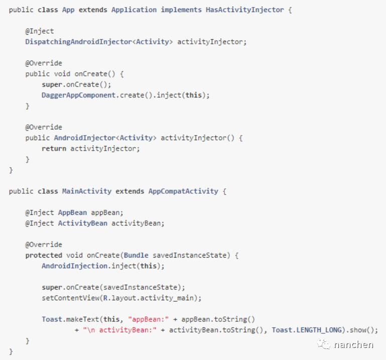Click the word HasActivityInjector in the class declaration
(244, 10)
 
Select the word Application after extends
(134, 10)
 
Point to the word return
(54, 148)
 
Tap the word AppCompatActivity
(183, 191)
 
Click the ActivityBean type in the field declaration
(82, 223)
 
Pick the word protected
(44, 255)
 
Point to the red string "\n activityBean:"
(121, 330)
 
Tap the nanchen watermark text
(354, 344)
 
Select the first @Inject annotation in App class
(40, 31)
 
